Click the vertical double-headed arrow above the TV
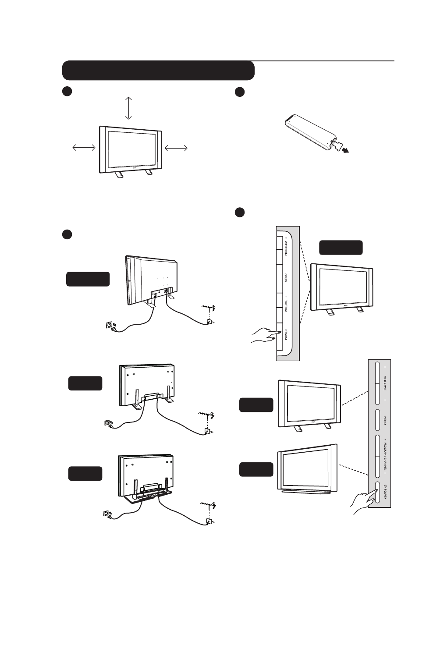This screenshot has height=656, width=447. point(128,108)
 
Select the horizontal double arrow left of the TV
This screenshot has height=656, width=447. point(84,148)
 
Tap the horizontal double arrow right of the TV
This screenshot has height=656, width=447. point(176,149)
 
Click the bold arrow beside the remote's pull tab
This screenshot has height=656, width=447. point(346,150)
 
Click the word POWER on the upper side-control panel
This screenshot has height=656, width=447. point(286,334)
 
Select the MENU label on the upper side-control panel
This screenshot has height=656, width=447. point(286,278)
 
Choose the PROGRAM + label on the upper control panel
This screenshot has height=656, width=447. point(286,247)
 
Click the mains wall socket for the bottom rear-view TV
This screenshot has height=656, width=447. point(107,513)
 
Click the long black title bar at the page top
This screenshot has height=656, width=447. point(158,71)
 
